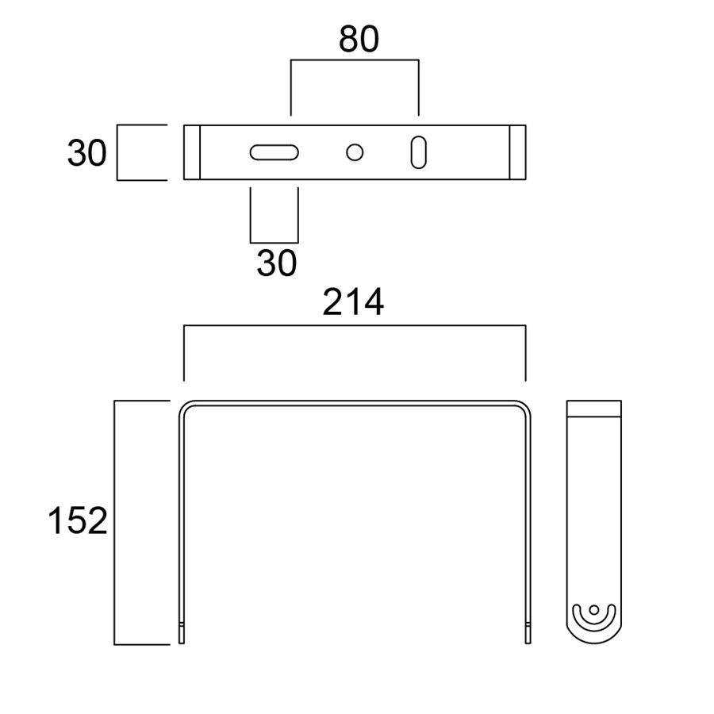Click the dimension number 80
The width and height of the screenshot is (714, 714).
(359, 39)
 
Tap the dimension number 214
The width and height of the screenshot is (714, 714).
(353, 303)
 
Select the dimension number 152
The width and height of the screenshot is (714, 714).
(77, 521)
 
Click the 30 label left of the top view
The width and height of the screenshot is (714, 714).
(86, 153)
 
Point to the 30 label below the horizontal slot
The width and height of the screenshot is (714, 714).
(276, 263)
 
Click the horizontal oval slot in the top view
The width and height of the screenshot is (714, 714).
(274, 152)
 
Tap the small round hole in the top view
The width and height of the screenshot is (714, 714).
(355, 152)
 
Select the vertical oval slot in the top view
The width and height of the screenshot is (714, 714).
(418, 152)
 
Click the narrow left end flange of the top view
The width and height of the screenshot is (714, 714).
(192, 152)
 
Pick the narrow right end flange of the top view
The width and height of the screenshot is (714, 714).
(517, 152)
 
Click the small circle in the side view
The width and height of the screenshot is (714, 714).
(593, 610)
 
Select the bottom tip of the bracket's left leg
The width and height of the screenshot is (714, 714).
(182, 639)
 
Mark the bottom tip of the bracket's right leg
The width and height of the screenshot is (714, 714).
(528, 639)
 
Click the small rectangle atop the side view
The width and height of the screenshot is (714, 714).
(594, 409)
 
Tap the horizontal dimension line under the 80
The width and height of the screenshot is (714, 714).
(355, 59)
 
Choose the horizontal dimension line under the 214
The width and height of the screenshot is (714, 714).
(355, 325)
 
